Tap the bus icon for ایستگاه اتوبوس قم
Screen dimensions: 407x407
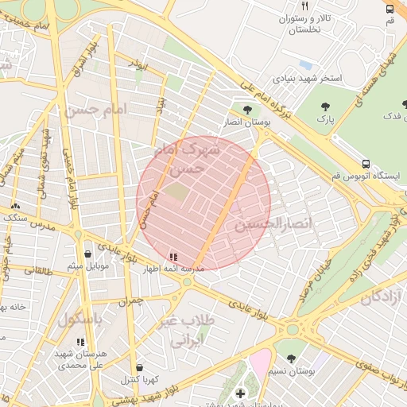(365, 164)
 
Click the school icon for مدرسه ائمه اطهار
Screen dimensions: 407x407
(173, 257)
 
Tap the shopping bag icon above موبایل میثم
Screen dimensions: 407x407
(87, 254)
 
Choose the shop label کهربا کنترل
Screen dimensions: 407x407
(141, 380)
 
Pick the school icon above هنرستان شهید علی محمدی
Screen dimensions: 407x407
(79, 342)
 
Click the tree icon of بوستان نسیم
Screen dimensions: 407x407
(291, 358)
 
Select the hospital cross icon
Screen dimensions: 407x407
(241, 393)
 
